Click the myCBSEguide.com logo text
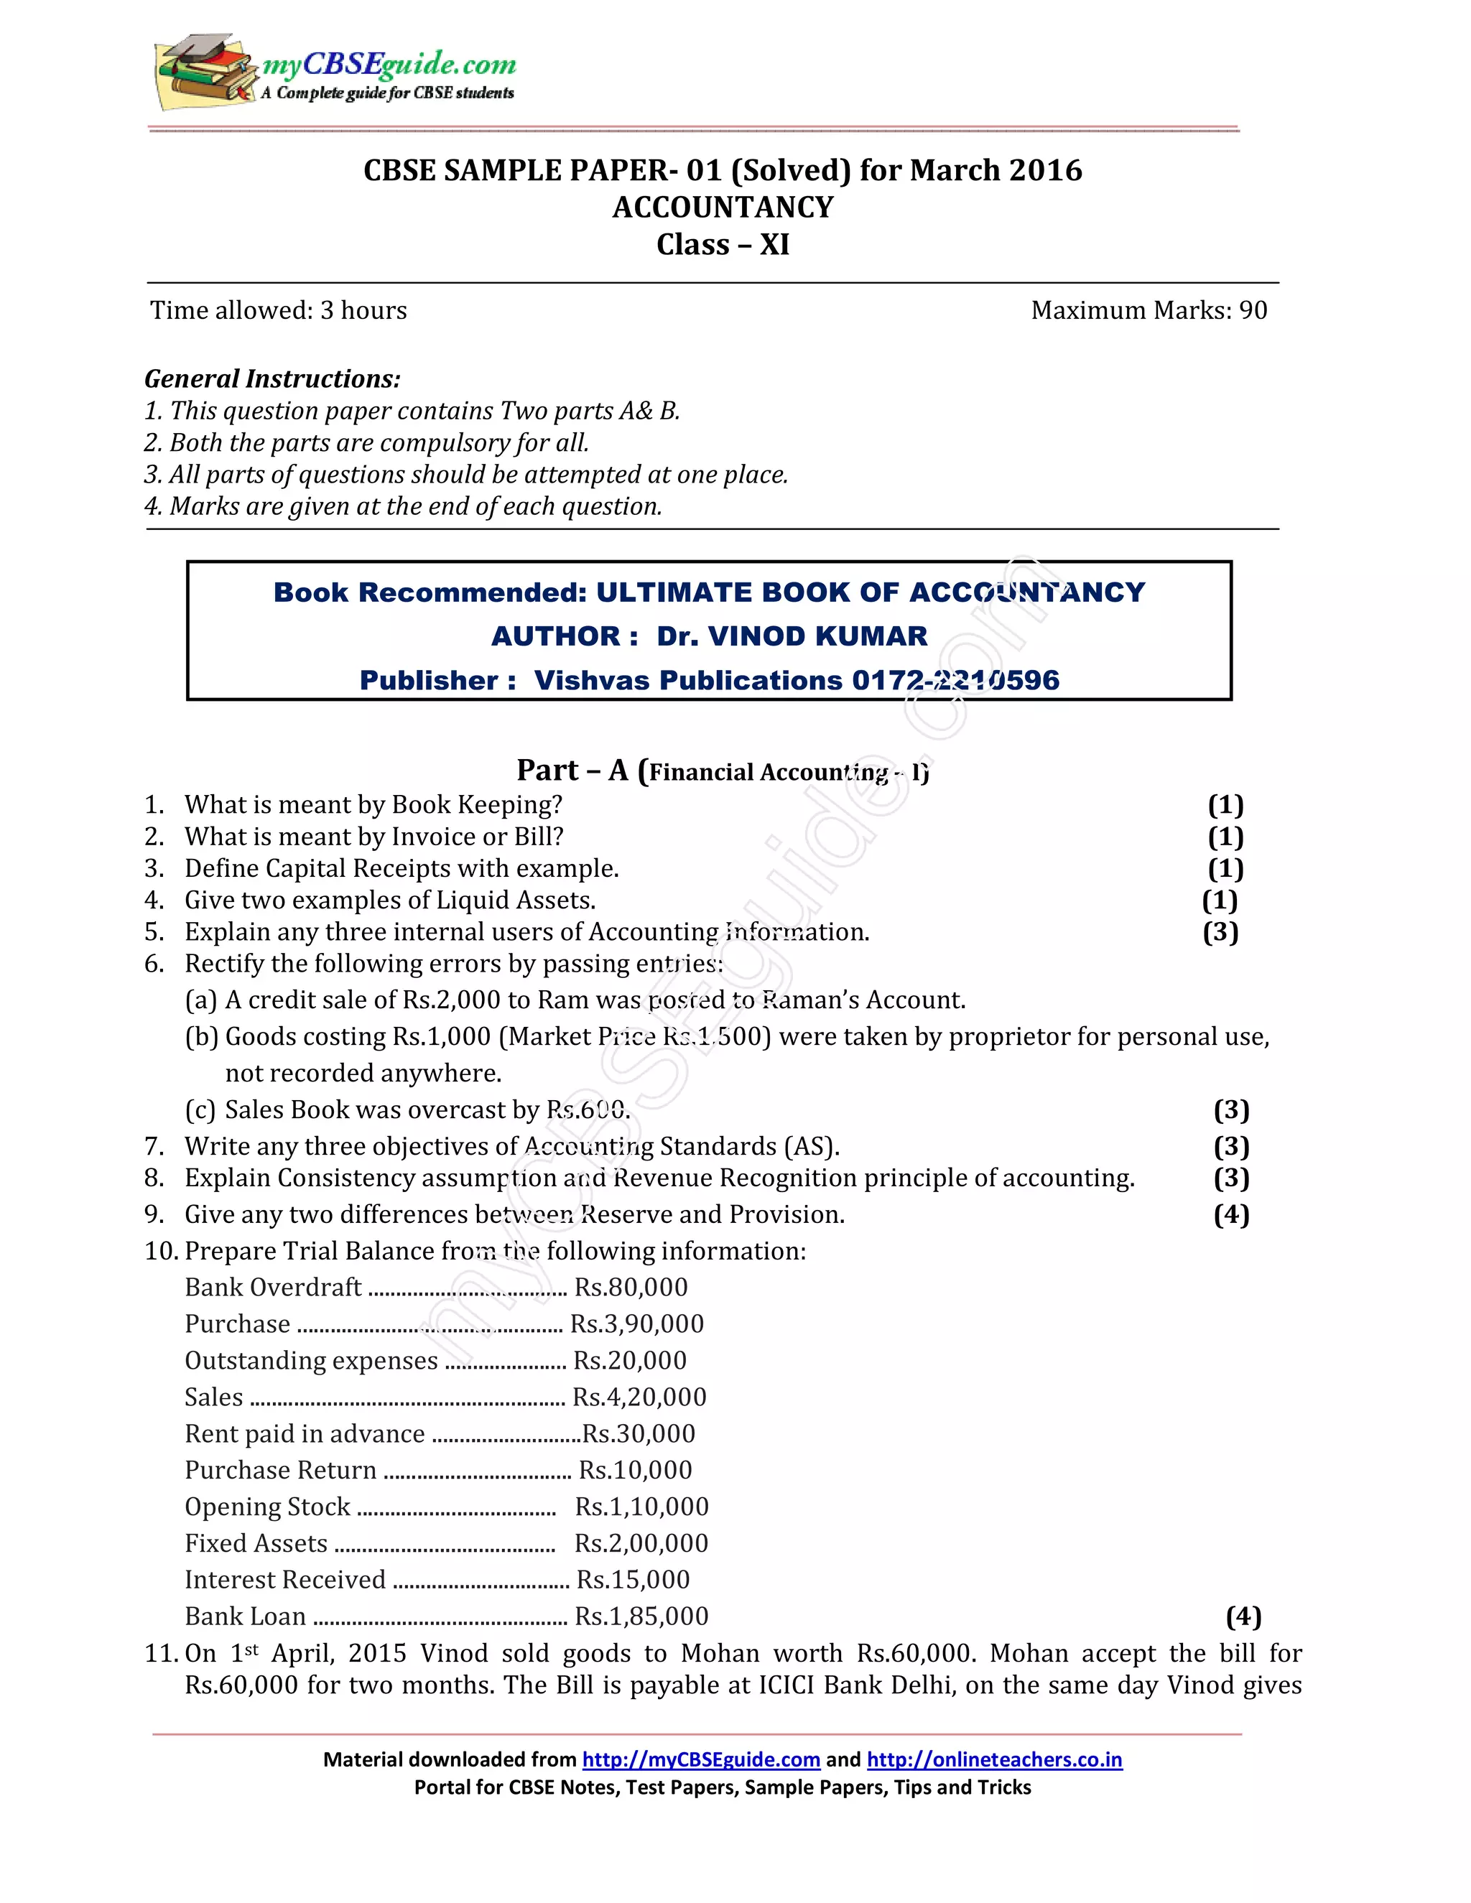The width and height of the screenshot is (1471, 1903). coord(389,64)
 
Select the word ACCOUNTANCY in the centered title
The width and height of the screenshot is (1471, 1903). coord(723,208)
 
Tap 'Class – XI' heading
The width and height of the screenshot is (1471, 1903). coord(723,245)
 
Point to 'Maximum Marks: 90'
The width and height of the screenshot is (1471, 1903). coord(1148,310)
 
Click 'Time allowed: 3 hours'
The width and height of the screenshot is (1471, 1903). coord(278,310)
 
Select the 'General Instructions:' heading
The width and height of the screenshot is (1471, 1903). coord(272,379)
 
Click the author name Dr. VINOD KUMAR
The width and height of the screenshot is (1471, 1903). coord(792,636)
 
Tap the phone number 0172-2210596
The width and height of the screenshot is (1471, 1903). coord(955,681)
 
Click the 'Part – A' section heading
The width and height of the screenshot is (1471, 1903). coord(575,771)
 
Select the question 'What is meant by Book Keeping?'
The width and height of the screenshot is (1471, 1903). coord(373,804)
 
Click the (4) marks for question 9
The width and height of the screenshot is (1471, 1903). coord(1230,1214)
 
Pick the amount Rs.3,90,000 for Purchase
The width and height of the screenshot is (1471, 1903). coord(637,1324)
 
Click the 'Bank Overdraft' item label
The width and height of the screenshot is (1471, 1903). coord(273,1288)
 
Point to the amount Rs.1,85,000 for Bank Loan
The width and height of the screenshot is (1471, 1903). coord(641,1617)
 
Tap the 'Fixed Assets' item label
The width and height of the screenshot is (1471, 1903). coord(255,1544)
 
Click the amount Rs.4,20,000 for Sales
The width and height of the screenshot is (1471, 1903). coord(639,1397)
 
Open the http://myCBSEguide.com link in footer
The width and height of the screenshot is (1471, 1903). coord(700,1759)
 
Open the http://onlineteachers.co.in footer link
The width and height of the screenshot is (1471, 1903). coord(993,1759)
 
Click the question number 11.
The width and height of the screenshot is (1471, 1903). coord(161,1654)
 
